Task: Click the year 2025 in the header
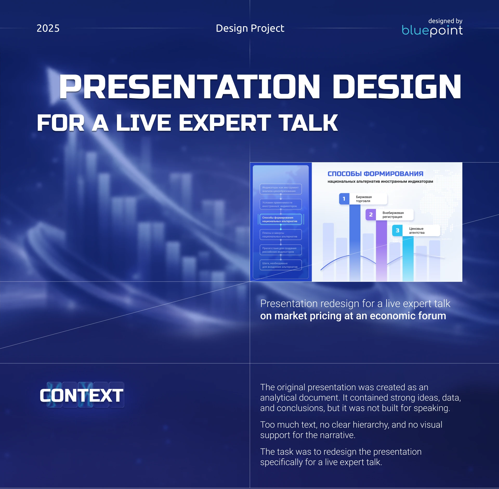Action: click(48, 28)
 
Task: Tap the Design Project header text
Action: click(250, 28)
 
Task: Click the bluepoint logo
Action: click(432, 31)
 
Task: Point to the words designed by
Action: click(445, 21)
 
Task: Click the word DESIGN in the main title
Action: click(397, 87)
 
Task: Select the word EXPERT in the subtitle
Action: click(225, 123)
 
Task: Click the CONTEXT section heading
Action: click(82, 395)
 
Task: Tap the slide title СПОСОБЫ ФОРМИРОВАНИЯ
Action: click(375, 174)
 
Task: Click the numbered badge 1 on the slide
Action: click(344, 199)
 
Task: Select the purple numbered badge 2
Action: click(371, 215)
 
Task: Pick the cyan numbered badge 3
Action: click(397, 231)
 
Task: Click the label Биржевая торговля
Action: click(364, 199)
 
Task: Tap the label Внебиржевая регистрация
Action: click(393, 215)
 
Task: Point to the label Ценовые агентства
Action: click(417, 231)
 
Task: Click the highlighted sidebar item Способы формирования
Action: click(280, 219)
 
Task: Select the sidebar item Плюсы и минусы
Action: click(280, 235)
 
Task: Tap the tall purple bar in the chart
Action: click(381, 250)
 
